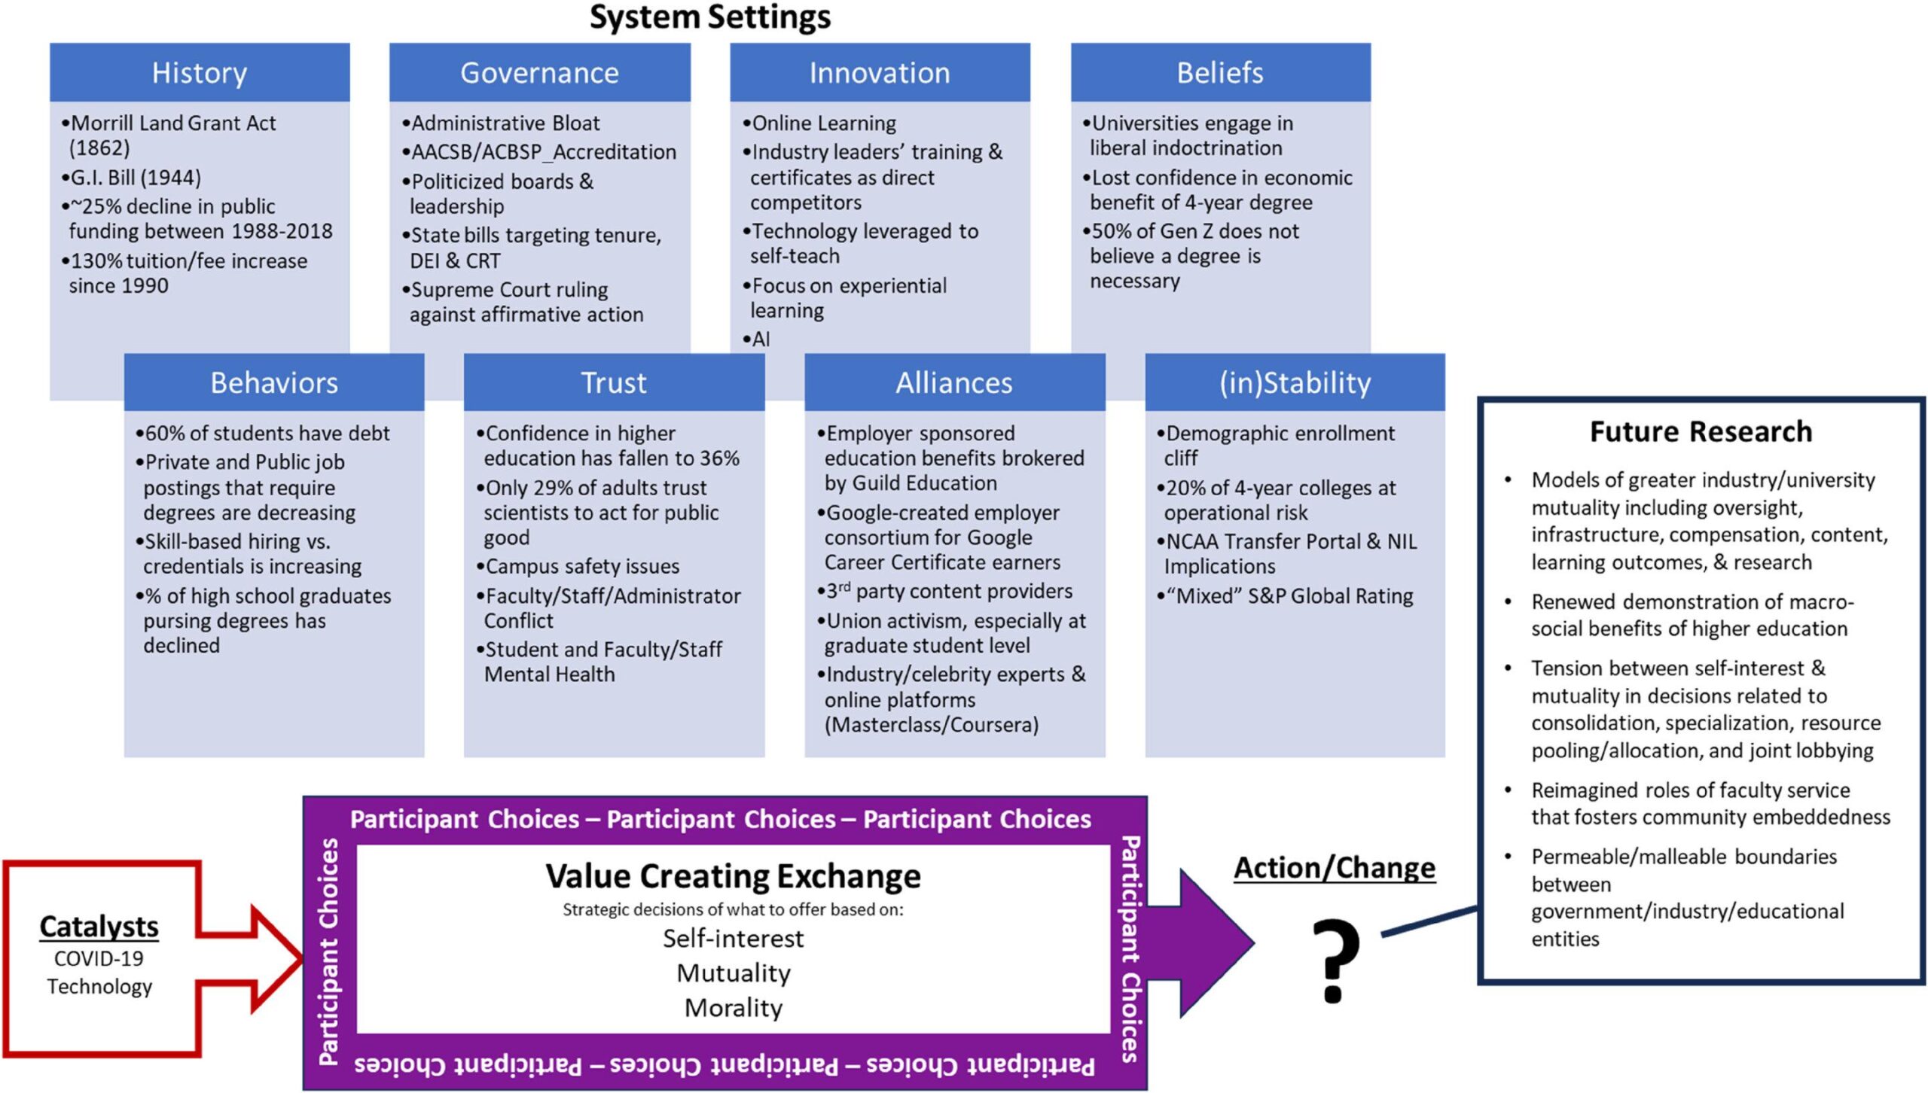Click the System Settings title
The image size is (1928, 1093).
coord(709,17)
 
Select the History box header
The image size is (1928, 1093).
coord(200,73)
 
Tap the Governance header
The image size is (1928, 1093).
coord(539,73)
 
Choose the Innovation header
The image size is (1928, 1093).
coord(880,73)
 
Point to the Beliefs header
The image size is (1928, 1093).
coord(1220,73)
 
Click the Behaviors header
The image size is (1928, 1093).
coord(274,383)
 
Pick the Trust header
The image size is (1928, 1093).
coord(614,383)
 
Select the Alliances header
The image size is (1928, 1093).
coord(954,383)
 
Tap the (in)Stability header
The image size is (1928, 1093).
coord(1295,383)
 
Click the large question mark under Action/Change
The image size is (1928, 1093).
coord(1335,960)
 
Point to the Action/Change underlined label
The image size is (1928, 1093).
coord(1335,868)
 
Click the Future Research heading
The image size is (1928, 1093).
coord(1701,432)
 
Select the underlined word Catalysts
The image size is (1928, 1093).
coord(99,927)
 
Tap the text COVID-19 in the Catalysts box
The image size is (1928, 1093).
coord(99,959)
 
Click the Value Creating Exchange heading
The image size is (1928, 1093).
coord(733,876)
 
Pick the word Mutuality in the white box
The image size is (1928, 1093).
coord(734,973)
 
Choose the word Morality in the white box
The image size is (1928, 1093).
coord(734,1008)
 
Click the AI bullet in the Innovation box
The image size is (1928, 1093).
coord(760,339)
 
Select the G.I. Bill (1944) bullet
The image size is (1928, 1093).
coord(136,178)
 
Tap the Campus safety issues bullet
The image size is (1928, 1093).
coord(582,566)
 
